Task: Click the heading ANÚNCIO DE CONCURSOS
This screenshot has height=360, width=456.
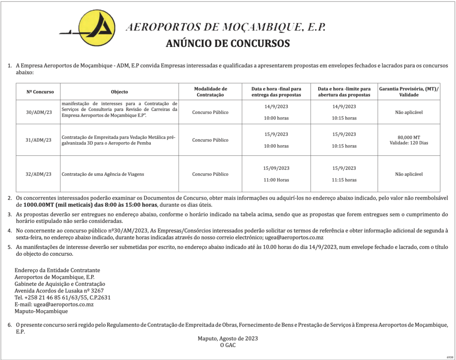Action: coord(228,43)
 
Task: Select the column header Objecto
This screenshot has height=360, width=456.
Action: coord(119,92)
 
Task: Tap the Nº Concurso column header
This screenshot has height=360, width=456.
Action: coord(38,92)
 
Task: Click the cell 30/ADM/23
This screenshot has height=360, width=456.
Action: coord(39,112)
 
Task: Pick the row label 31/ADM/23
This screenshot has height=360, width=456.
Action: coord(39,140)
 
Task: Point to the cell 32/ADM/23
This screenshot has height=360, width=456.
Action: coord(39,174)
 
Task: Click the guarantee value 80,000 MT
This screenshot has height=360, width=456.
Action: coord(409,137)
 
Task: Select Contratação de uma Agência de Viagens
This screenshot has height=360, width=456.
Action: coord(103,174)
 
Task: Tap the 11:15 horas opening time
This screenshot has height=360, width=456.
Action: coord(344,180)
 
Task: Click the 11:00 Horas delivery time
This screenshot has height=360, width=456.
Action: coord(276,180)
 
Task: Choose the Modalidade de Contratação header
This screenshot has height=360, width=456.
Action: coord(210,92)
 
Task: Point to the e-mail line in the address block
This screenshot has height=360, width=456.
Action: coord(54,304)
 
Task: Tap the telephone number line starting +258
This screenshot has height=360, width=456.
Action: coord(62,298)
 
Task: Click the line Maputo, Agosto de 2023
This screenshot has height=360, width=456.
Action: coord(228,338)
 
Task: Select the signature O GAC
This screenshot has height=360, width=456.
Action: coord(228,345)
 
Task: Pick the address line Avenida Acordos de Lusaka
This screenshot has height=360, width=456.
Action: coord(59,291)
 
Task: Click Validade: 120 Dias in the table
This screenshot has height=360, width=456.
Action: coord(409,143)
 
